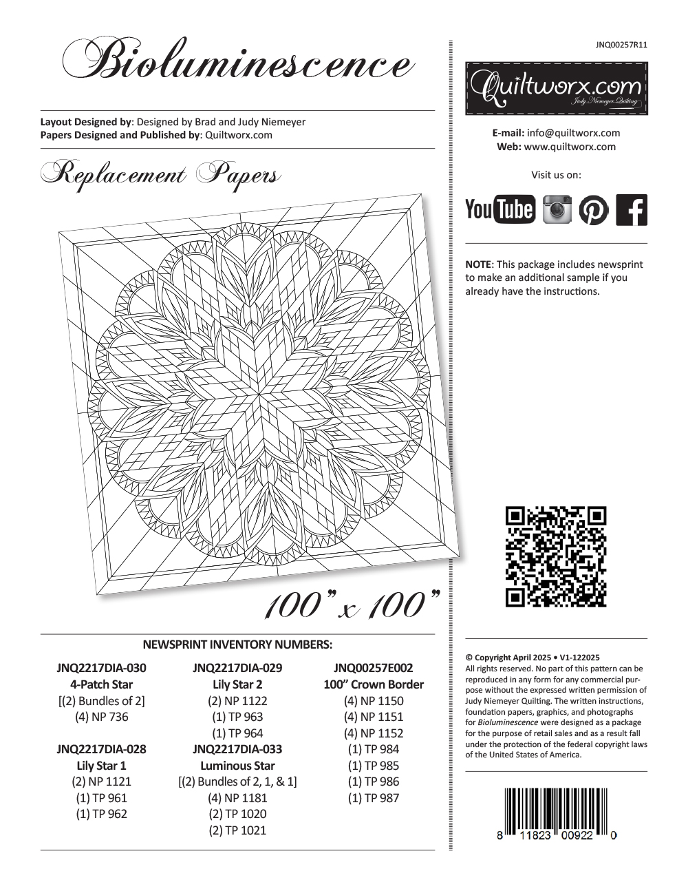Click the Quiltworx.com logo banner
coord(556,88)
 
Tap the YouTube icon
coord(499,209)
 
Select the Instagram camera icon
coord(557,209)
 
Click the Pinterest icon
coord(594,209)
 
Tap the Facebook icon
coord(632,209)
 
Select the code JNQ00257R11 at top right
coord(621,45)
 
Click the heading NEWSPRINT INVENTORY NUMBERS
coord(237,645)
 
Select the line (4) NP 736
coord(101,717)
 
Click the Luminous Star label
coord(237,766)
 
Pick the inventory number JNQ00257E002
coord(374,668)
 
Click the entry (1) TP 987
coord(374,798)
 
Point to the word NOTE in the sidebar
coord(478,264)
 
